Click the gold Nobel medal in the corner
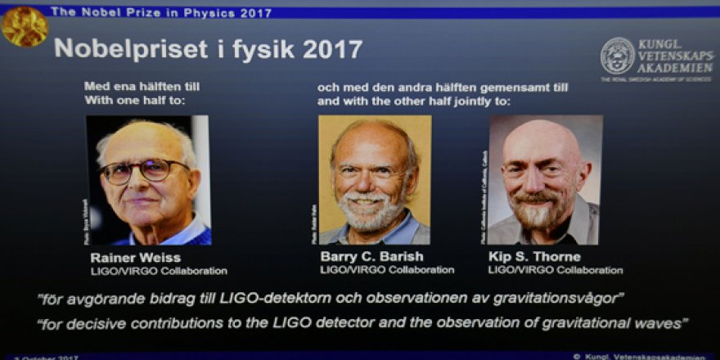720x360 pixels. (x=24, y=25)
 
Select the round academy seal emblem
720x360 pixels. (x=617, y=56)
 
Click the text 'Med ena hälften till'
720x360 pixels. (x=142, y=86)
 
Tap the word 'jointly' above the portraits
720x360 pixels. (x=470, y=101)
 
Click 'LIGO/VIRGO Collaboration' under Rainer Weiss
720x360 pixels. (x=158, y=271)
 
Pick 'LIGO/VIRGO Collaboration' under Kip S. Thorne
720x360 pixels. (x=555, y=270)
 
